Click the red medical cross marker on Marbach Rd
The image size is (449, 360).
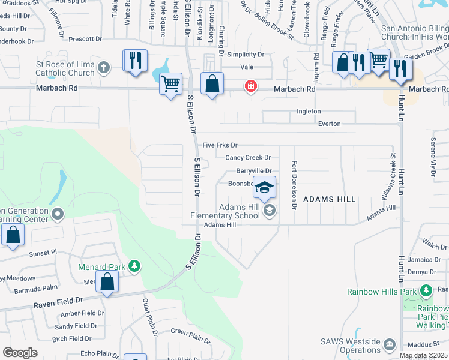[250, 87]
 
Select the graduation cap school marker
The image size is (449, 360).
[264, 188]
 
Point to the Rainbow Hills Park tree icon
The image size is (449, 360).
[426, 292]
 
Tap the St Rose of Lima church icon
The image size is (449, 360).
[104, 67]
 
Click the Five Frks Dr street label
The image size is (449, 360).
[220, 145]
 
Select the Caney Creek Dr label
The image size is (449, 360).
[248, 158]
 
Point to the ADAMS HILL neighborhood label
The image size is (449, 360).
[329, 199]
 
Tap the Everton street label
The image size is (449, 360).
[328, 124]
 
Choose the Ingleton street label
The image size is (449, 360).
[309, 111]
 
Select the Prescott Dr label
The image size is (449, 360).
[85, 39]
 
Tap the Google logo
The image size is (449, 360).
[20, 353]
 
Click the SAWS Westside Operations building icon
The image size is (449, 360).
[390, 344]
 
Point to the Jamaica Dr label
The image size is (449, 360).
[424, 260]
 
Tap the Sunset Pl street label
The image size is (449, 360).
[41, 253]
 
